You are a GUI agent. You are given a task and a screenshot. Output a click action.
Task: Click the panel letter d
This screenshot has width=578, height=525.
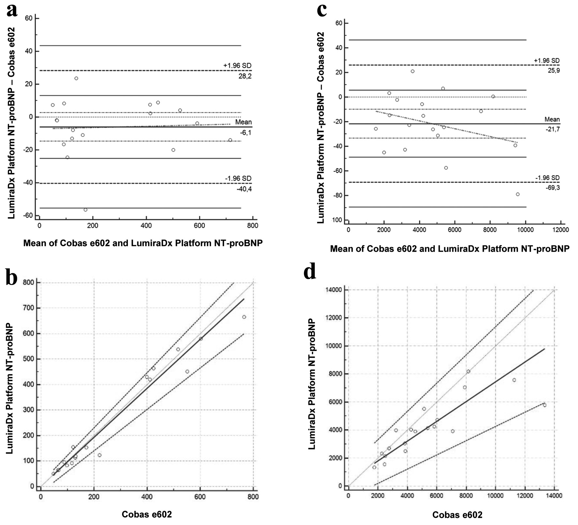point(310,273)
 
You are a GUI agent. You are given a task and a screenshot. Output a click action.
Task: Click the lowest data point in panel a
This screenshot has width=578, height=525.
point(85,210)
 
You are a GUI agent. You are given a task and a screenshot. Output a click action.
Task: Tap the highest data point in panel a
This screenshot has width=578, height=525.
point(76,78)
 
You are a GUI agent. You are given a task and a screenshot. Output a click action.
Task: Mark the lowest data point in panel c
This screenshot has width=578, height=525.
point(518,194)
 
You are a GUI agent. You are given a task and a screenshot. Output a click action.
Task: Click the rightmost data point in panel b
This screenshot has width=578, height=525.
point(244,317)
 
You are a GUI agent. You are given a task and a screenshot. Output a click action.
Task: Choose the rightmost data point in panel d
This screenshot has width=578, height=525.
point(544,405)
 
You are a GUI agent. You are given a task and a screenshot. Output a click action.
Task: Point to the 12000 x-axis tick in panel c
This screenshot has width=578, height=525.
point(560,230)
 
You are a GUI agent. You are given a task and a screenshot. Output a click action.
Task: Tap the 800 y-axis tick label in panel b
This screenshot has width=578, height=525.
point(30,283)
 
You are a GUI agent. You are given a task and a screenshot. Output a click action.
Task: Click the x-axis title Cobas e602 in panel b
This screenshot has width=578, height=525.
point(147,515)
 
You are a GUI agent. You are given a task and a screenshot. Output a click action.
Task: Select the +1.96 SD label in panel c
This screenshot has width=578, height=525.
point(547,61)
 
